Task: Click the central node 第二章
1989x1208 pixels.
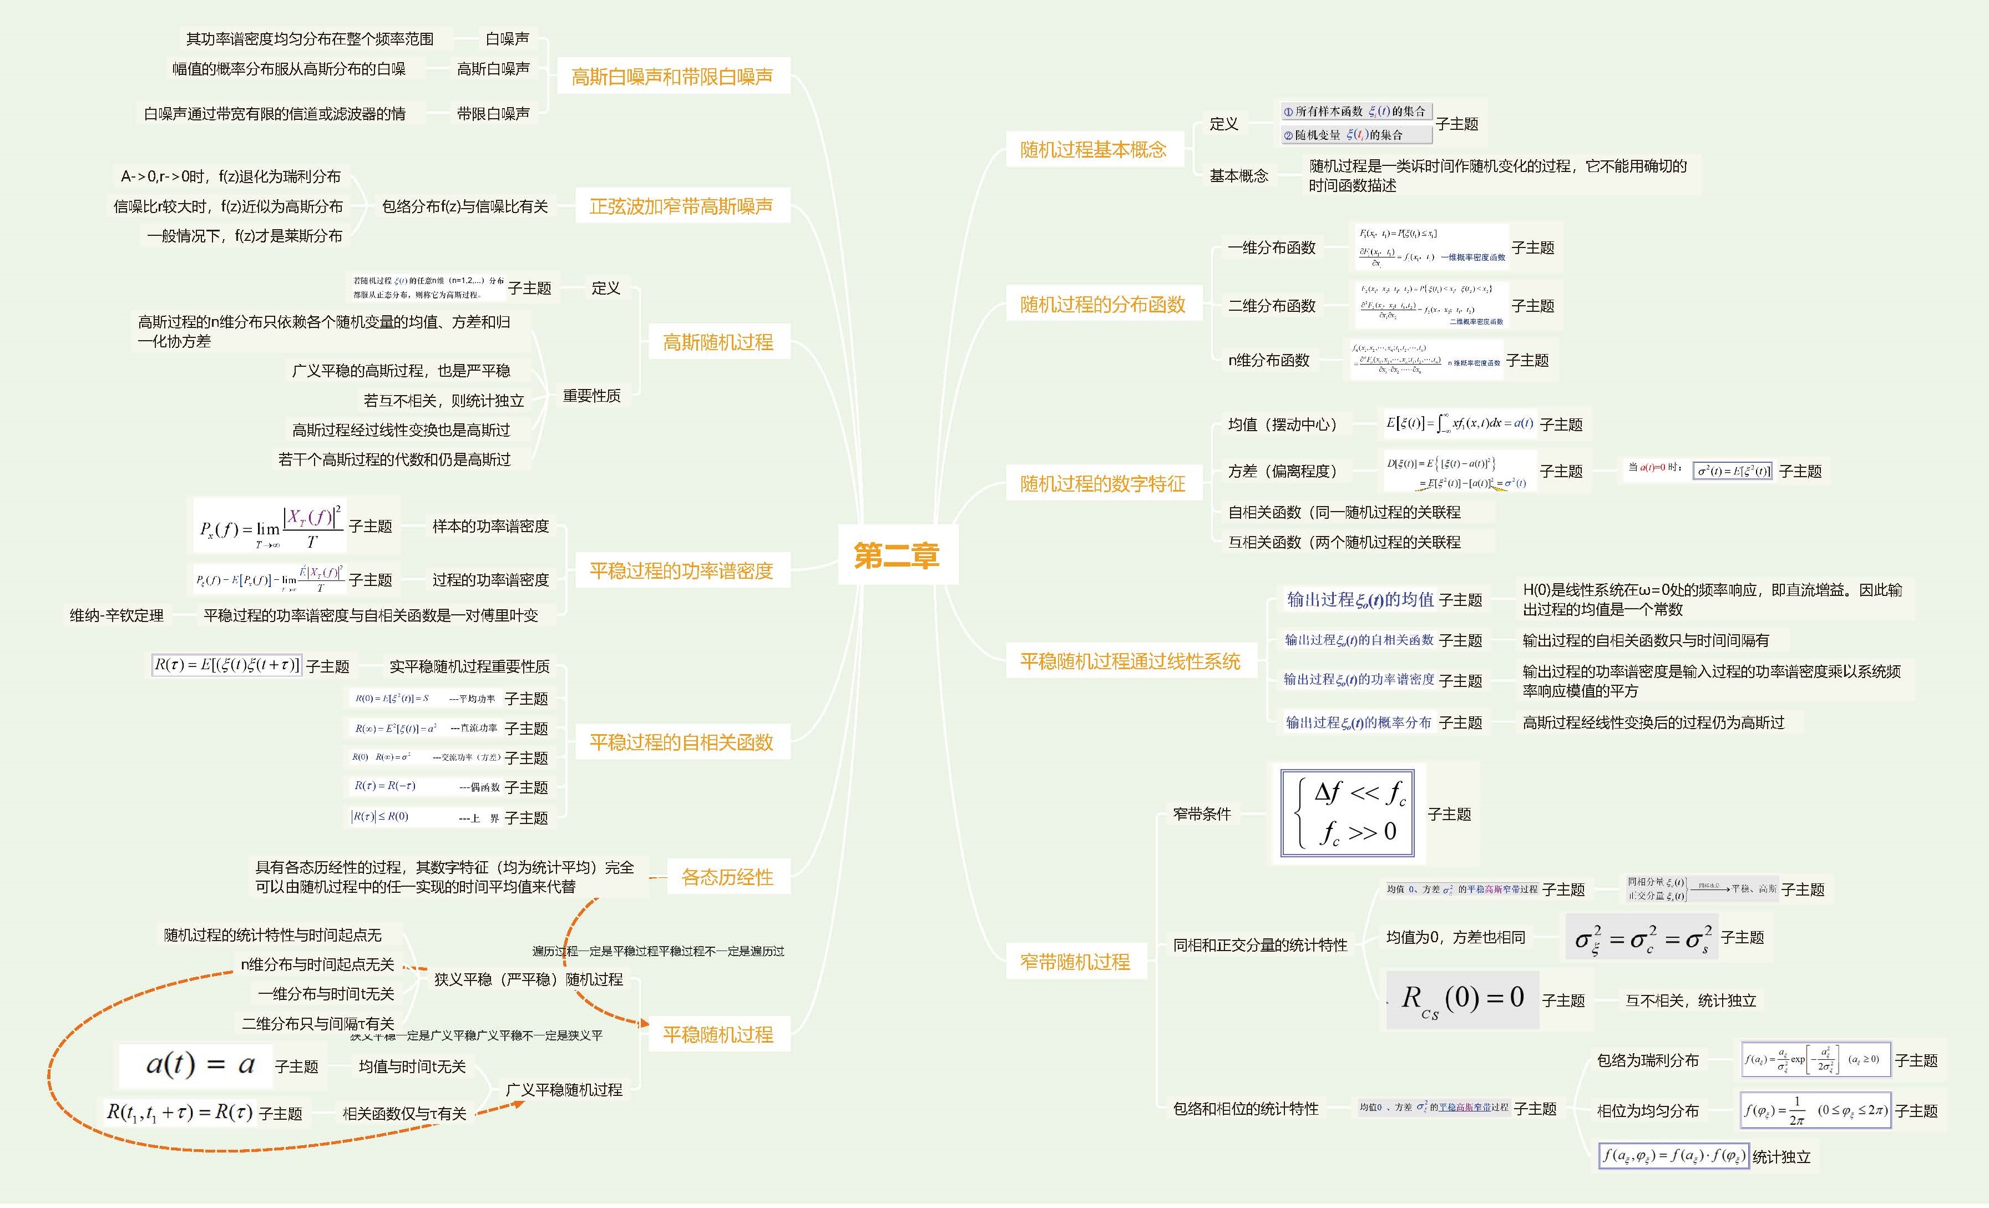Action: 897,555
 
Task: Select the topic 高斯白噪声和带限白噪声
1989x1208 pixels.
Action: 672,77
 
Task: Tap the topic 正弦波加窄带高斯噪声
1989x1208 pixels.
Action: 681,207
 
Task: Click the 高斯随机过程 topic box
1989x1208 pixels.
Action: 717,342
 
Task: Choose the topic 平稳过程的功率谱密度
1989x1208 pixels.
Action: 681,571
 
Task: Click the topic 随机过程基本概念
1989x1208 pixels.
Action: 1093,149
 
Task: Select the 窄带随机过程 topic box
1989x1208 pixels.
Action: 1075,962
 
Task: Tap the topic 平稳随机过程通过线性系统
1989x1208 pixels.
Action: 1129,661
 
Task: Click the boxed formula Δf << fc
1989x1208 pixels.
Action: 1347,812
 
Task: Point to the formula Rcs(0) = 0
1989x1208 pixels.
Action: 1462,1000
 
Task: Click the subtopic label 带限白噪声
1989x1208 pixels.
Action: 493,114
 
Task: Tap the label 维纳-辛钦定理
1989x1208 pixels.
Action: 117,615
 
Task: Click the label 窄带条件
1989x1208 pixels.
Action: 1202,814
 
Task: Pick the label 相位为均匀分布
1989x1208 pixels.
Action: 1648,1111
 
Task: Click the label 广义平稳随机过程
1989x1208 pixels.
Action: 564,1090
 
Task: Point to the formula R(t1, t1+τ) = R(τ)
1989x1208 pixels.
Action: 179,1113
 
